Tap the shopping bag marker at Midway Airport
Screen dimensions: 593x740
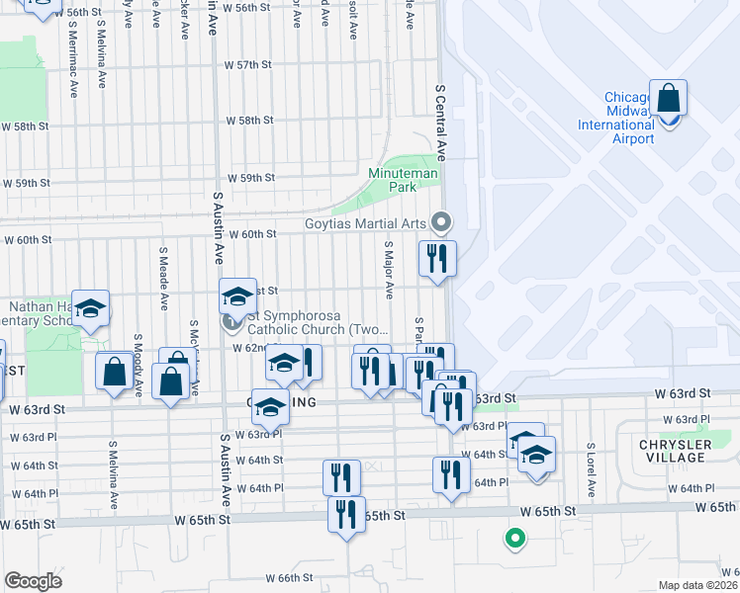(x=668, y=101)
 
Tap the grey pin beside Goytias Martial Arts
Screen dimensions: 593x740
(x=442, y=221)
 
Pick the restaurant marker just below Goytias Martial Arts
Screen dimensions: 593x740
(x=436, y=260)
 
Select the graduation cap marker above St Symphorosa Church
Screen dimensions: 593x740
(x=236, y=297)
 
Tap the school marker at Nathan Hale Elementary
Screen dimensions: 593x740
(x=90, y=309)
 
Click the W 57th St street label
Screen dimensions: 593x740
(x=248, y=65)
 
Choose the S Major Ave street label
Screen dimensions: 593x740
(x=389, y=267)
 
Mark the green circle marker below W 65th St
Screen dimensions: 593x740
(x=513, y=539)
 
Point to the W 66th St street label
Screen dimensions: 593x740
(x=290, y=578)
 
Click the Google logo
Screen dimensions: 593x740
(x=33, y=581)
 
